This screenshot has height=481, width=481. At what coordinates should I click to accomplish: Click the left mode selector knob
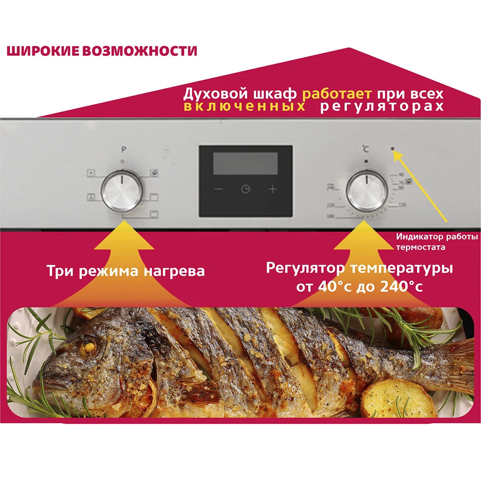click(x=123, y=191)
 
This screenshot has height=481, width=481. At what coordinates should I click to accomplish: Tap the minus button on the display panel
click(x=219, y=189)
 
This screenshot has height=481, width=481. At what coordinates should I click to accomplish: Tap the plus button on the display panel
click(x=273, y=189)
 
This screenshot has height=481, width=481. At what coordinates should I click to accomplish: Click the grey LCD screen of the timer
click(x=245, y=164)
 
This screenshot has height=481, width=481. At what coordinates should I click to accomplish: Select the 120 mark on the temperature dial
click(x=402, y=205)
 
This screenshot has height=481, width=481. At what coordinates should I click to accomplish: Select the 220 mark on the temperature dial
click(x=330, y=205)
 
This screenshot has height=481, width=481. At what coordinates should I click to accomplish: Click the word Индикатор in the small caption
click(x=416, y=237)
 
